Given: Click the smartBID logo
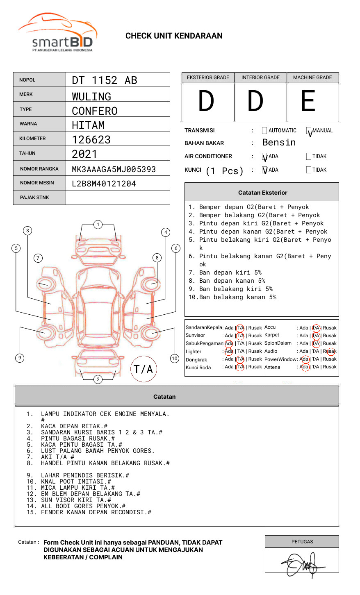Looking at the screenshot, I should (x=57, y=33).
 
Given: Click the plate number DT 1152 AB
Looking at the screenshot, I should (x=105, y=80).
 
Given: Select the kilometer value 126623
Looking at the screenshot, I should (x=91, y=140).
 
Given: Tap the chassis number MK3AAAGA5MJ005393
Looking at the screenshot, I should (x=114, y=169).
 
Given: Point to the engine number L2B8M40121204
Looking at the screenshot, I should (x=104, y=184).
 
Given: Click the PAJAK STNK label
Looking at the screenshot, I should (x=34, y=198).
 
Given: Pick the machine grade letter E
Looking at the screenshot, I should (x=308, y=102).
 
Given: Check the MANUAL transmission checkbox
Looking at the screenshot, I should (x=309, y=131).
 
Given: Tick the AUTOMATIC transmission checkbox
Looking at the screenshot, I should (x=264, y=131).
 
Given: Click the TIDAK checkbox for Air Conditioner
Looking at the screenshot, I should (x=309, y=157).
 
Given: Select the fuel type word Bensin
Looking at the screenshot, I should (x=279, y=143).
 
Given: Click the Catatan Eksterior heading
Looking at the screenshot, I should (x=262, y=193).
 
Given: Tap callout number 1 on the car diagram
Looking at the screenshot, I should (x=98, y=224).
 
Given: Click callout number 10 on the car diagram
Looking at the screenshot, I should (x=175, y=359).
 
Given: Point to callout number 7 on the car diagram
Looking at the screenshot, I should (x=38, y=258).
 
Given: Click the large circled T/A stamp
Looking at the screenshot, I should (x=144, y=369).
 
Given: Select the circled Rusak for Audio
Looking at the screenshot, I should (x=330, y=351).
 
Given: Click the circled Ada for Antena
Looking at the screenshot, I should (x=304, y=367).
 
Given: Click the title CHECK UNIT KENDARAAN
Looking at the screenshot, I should (x=174, y=36).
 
